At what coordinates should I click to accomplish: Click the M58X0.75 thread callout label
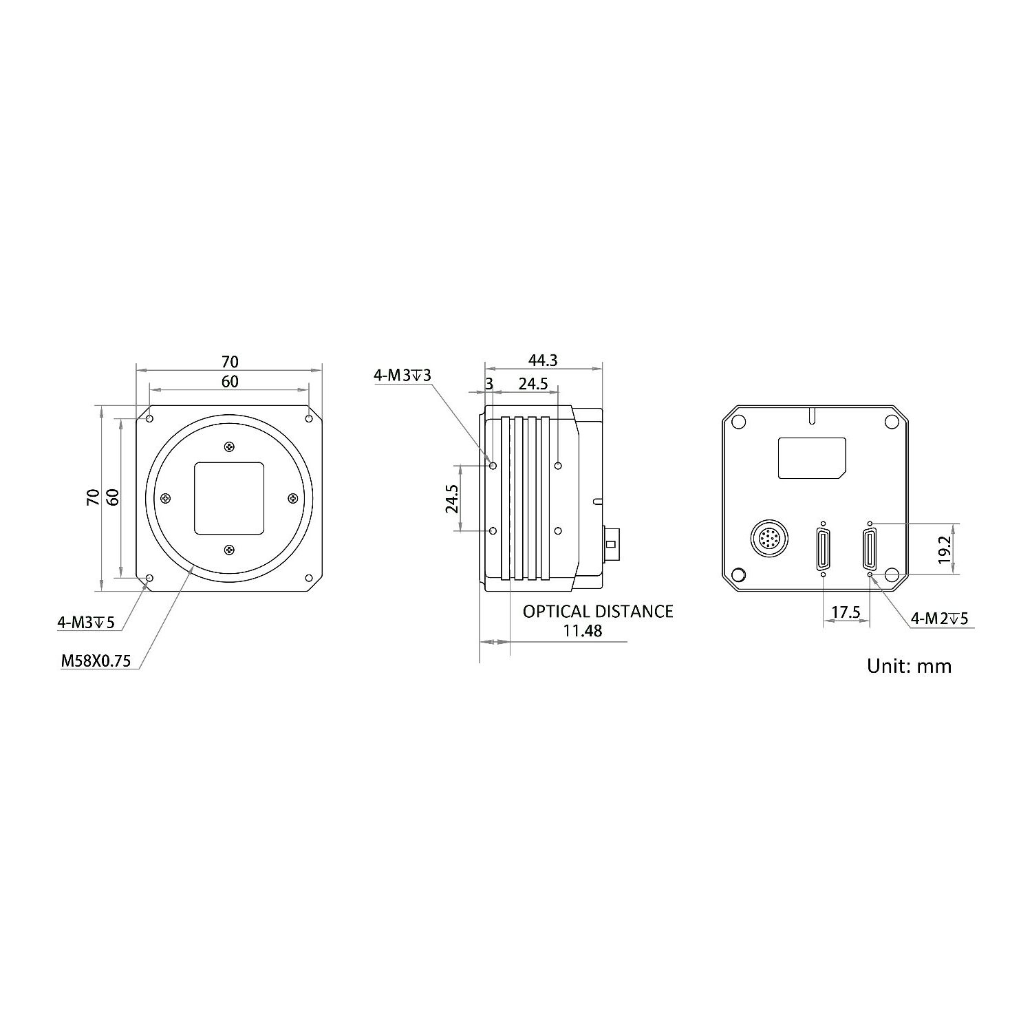point(96,661)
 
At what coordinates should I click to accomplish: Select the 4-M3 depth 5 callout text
point(85,623)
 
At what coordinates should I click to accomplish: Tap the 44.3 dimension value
point(542,360)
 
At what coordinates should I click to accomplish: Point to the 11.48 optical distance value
point(582,631)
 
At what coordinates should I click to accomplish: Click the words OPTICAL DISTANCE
point(597,611)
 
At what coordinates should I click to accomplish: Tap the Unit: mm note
point(909,666)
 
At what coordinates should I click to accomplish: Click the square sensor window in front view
point(229,498)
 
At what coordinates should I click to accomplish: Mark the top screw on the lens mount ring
point(229,447)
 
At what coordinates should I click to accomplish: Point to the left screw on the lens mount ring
point(165,498)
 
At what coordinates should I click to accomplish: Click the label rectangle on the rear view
point(812,458)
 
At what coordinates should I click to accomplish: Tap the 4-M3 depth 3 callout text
point(402,375)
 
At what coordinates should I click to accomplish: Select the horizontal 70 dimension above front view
point(229,361)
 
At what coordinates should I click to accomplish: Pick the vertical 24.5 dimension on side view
point(451,498)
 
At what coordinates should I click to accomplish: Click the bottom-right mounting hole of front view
point(309,578)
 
